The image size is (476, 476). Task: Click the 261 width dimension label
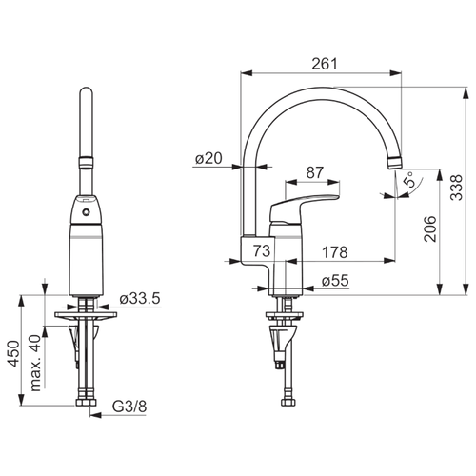(x=325, y=64)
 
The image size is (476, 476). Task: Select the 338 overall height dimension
(x=457, y=188)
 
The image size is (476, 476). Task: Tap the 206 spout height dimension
(x=430, y=228)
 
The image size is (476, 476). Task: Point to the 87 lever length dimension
(x=314, y=172)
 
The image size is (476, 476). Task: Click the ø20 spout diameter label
(x=208, y=158)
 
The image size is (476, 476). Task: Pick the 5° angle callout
(x=409, y=179)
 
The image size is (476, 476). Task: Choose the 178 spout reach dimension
(x=335, y=252)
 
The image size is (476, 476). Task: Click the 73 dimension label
(x=262, y=250)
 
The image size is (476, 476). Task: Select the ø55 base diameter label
(x=335, y=281)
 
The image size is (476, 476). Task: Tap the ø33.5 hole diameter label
(x=140, y=299)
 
